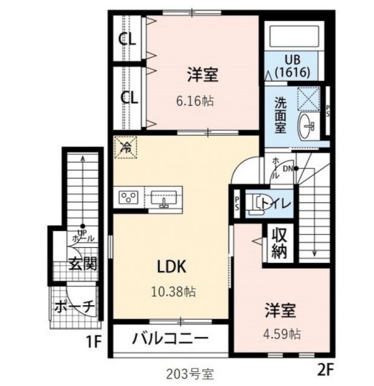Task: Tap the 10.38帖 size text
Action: tap(173, 292)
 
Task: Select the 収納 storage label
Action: tap(278, 242)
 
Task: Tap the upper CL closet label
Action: tap(127, 40)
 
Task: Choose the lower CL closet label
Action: tap(127, 96)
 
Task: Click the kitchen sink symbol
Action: tap(163, 198)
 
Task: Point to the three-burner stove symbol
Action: tap(129, 197)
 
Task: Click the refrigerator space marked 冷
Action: tap(126, 147)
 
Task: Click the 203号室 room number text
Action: tap(188, 374)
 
